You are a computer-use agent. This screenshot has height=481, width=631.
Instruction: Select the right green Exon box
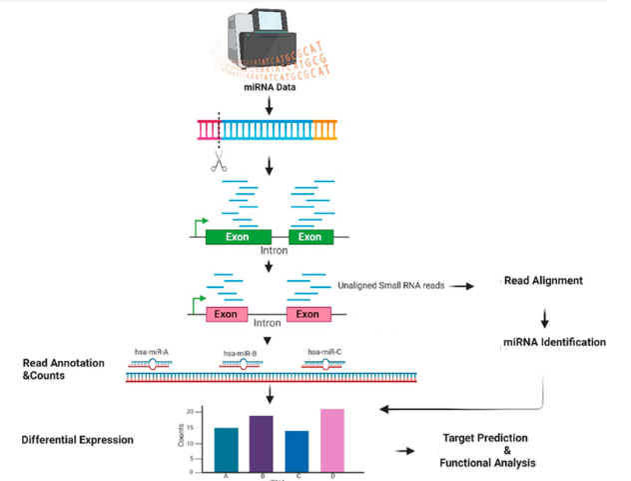click(x=311, y=237)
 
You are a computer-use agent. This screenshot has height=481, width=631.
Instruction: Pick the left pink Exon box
click(x=228, y=314)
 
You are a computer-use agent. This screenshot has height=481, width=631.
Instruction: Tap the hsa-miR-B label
click(x=240, y=353)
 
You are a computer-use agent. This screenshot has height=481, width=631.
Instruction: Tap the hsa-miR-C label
click(x=323, y=352)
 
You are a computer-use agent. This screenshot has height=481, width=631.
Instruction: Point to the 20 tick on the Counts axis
click(x=190, y=412)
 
